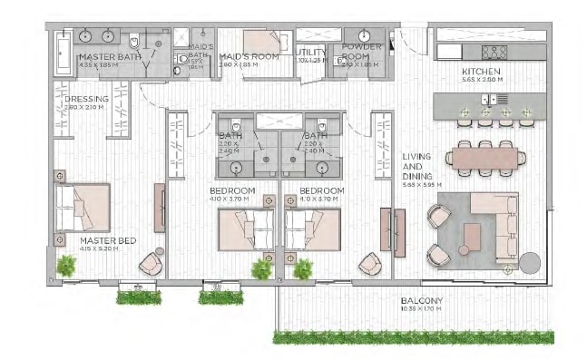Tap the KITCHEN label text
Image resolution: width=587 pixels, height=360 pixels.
point(480,71)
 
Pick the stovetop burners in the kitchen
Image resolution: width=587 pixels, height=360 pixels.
point(494,52)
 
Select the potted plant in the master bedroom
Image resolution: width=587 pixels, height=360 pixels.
point(66,265)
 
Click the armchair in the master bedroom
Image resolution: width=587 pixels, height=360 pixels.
point(150,263)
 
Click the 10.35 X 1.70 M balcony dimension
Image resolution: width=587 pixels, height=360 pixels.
point(422,310)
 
